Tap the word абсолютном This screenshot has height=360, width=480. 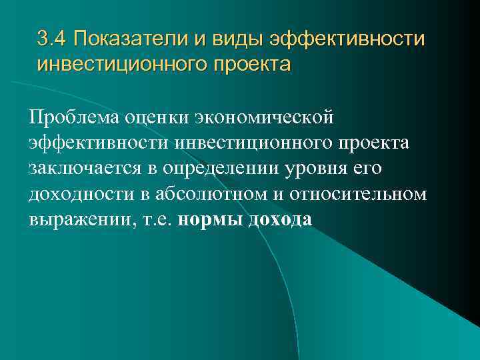coord(204,194)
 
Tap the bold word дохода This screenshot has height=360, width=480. coord(279,220)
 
